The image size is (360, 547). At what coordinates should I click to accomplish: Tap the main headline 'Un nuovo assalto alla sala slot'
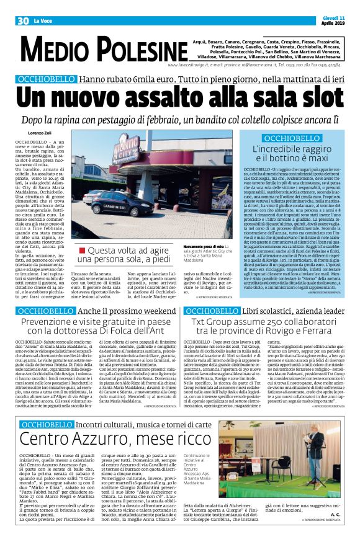click(x=179, y=98)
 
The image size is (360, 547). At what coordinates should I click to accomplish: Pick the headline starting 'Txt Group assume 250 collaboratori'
click(x=269, y=326)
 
